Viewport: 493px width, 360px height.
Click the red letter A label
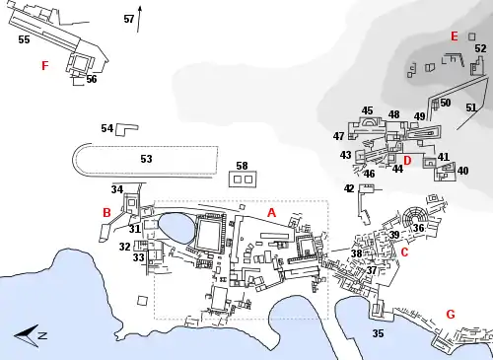271,213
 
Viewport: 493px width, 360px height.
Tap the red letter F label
45,66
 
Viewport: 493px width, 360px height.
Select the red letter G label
451,315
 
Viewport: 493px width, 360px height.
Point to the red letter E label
455,36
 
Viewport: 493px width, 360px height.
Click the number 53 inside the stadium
146,159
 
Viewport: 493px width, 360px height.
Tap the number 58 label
242,166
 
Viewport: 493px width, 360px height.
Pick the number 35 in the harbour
378,333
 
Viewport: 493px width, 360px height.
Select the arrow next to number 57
139,19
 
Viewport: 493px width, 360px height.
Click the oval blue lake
176,229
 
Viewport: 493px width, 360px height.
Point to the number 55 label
24,39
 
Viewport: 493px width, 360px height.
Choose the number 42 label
349,188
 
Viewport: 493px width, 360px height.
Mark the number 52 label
480,48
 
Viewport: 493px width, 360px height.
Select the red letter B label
106,213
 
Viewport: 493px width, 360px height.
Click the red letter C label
404,252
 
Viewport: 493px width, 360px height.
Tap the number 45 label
367,110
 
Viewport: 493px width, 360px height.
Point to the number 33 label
138,257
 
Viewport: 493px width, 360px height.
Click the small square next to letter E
472,36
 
